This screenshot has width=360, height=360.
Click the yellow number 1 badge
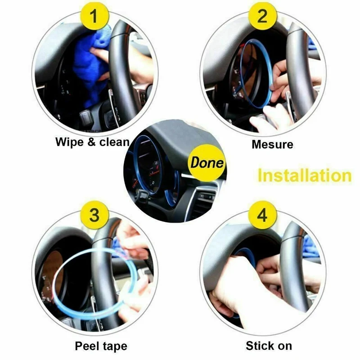(94, 16)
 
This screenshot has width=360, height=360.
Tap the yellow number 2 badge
(263, 16)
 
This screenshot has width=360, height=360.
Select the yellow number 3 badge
(94, 215)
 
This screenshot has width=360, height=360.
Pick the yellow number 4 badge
(263, 215)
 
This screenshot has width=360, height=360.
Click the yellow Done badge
(207, 162)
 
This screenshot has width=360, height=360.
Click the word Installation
(305, 175)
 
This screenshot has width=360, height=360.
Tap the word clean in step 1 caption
(114, 142)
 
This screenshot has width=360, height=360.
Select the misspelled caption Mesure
(272, 144)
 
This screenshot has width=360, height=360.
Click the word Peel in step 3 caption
(87, 346)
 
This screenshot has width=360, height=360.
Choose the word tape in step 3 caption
(115, 346)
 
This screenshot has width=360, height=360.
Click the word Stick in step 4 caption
(259, 346)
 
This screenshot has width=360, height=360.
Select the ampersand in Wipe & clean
(92, 142)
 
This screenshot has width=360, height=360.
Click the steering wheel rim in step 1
(121, 69)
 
